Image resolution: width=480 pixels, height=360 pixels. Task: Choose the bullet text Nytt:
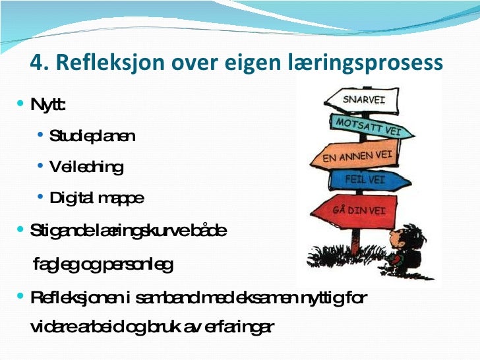point(48,106)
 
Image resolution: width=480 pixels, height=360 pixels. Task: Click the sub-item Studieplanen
point(92,136)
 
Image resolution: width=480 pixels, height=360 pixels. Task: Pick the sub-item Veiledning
point(86,167)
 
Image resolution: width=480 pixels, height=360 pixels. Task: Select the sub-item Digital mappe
point(96,198)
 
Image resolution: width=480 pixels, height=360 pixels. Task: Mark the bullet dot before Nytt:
point(20,104)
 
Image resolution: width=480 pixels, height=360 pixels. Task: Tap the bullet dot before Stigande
point(20,230)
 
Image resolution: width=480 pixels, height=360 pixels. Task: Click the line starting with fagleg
point(103,265)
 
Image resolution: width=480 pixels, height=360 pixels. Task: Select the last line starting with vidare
point(152,327)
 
